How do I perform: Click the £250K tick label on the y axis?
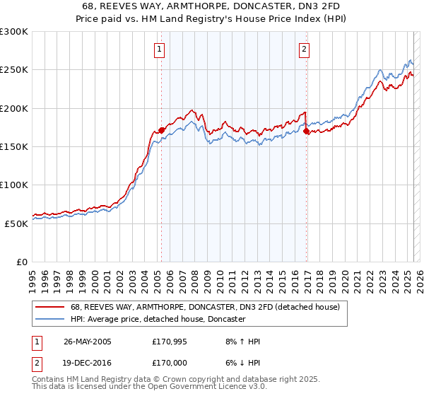coord(14,70)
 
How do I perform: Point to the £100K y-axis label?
coord(14,185)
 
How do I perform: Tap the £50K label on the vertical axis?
coord(16,223)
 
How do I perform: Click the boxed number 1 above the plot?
coord(160,49)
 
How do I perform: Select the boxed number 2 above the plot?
coord(304,49)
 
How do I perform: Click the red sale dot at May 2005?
coord(161,130)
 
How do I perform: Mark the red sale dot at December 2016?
coord(306,131)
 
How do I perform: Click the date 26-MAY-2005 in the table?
coord(87,342)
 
